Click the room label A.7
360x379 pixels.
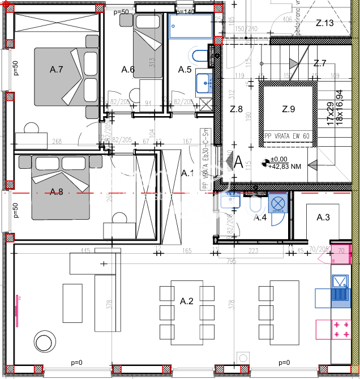pos(56,70)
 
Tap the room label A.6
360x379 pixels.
pos(128,70)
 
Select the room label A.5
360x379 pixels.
pos(185,70)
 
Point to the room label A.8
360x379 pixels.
pos(56,191)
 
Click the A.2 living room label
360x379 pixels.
pos(187,301)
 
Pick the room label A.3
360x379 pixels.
pos(323,217)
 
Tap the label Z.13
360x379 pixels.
pos(325,23)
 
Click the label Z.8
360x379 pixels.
pos(236,109)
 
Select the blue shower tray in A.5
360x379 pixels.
pos(190,26)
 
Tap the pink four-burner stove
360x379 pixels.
pos(341,329)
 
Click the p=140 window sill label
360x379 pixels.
pos(185,11)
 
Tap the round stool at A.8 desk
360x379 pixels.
pos(120,218)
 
